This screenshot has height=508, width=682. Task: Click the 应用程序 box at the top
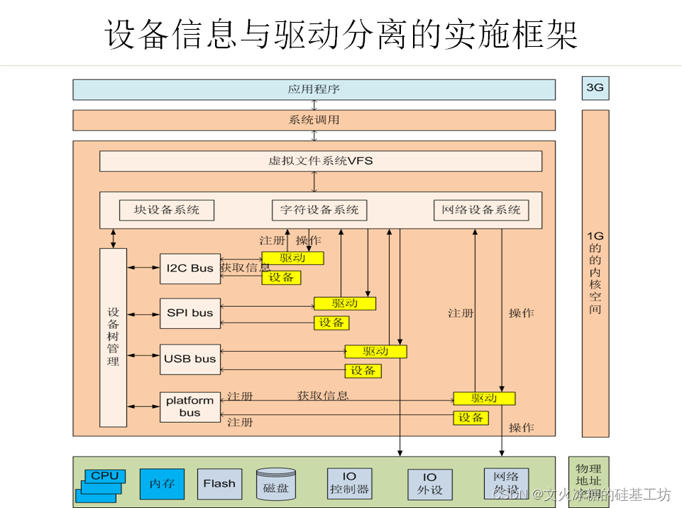[314, 90]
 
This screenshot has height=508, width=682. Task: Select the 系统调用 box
[314, 120]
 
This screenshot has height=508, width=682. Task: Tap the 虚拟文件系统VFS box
[320, 161]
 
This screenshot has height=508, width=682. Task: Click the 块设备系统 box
[167, 210]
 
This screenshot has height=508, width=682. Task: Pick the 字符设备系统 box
[319, 210]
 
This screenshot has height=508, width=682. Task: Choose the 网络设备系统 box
[481, 210]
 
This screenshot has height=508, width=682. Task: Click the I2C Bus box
[189, 269]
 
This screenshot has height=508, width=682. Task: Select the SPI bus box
[189, 313]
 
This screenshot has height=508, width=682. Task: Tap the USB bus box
[189, 359]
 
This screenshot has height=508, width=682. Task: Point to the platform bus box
[189, 407]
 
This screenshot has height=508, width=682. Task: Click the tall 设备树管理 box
[113, 337]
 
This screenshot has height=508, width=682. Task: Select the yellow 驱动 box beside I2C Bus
[292, 258]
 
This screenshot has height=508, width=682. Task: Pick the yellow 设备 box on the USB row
[363, 371]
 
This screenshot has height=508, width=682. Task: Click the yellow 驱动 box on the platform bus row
[484, 399]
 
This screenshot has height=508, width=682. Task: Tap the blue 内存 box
[162, 484]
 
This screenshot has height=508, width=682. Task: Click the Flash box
[219, 484]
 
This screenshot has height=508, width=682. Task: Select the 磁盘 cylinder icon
[276, 484]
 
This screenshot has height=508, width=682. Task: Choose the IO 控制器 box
[349, 484]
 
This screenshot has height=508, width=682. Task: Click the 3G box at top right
[595, 88]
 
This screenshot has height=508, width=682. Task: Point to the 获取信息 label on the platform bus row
[323, 396]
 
